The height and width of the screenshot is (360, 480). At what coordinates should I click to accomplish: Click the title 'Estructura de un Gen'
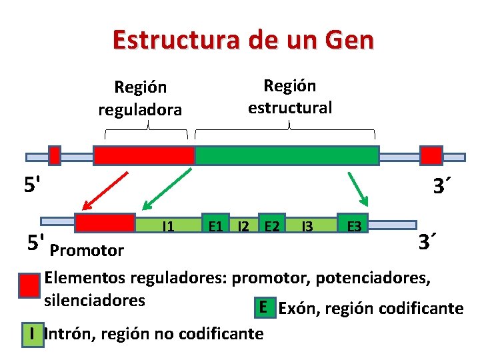(x=243, y=40)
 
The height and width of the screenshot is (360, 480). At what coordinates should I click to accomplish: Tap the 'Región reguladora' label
(x=140, y=98)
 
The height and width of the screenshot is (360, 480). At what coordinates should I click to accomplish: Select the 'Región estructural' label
(x=289, y=96)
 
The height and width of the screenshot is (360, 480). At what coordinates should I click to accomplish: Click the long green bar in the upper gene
(x=287, y=155)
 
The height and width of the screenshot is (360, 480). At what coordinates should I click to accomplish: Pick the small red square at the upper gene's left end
(x=55, y=155)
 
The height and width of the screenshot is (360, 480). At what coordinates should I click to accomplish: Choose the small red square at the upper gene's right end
(x=431, y=155)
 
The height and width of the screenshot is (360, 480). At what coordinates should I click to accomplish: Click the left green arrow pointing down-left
(x=167, y=190)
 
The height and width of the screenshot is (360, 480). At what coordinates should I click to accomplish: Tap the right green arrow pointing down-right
(x=357, y=188)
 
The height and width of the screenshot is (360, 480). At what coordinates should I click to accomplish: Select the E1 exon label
(x=215, y=226)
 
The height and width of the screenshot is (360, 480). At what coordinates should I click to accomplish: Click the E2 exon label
(x=271, y=226)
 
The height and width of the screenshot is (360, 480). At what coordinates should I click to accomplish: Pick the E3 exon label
(x=353, y=226)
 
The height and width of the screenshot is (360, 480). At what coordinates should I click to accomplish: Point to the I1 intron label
(x=169, y=227)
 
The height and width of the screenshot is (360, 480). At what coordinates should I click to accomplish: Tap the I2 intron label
(x=244, y=226)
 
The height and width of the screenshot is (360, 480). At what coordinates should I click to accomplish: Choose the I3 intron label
(x=307, y=226)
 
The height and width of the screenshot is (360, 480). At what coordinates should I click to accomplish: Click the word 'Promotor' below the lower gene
(x=87, y=251)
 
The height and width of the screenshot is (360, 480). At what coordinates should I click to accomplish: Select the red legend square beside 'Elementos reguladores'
(x=29, y=285)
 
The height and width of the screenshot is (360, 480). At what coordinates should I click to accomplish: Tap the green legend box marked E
(x=264, y=307)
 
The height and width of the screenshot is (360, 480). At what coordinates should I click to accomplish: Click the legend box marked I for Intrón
(x=31, y=332)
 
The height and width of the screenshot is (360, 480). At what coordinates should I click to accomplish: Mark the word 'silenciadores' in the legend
(x=94, y=300)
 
